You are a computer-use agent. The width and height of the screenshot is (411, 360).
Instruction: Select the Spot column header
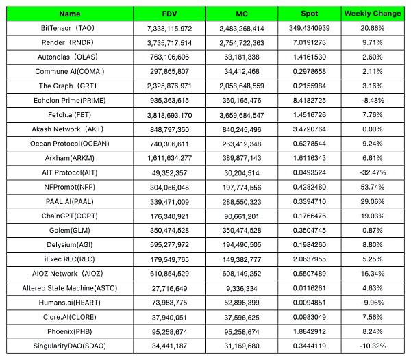(x=309, y=14)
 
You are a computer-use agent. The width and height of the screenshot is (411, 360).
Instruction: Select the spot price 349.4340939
(x=310, y=29)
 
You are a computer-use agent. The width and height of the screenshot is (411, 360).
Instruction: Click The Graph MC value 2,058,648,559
(x=244, y=86)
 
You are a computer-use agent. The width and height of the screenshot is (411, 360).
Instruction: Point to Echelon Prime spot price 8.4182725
(x=310, y=100)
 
